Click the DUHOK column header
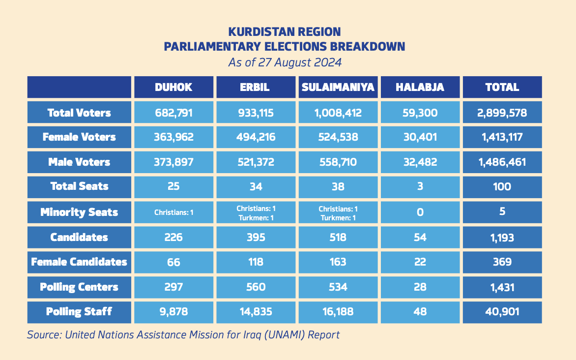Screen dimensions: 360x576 click(173, 88)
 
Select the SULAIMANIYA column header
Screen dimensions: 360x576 click(338, 88)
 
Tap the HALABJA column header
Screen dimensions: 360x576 click(420, 88)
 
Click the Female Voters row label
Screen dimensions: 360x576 click(79, 137)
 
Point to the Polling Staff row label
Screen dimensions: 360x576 click(79, 311)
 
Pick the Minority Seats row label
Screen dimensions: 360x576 click(79, 212)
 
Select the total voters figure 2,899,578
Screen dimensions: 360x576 click(502, 113)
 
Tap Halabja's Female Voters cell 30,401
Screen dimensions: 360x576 click(420, 137)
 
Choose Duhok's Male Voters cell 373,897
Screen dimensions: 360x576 click(173, 162)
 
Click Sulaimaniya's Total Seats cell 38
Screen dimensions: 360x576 click(338, 186)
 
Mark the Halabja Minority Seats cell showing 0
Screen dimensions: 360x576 click(420, 212)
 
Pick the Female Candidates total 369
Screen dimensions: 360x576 click(502, 262)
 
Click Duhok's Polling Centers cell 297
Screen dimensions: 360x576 click(173, 287)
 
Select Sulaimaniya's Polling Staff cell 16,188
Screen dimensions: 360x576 click(338, 311)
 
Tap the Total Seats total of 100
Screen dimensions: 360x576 click(502, 186)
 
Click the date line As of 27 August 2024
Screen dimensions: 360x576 click(285, 63)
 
